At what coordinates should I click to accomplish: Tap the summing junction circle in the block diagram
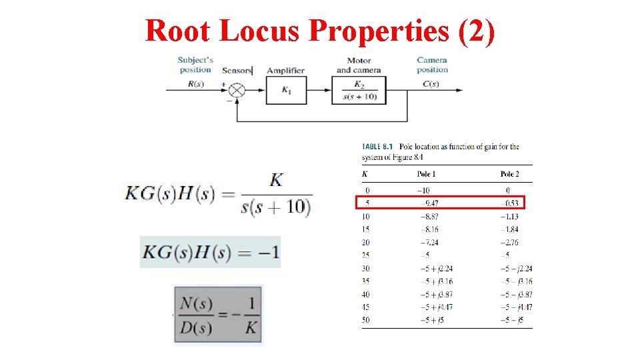(x=237, y=91)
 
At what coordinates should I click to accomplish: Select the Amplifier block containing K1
(x=287, y=91)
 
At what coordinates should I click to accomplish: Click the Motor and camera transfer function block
(x=359, y=91)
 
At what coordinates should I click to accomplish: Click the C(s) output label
(x=431, y=84)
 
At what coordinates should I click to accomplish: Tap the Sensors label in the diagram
(x=237, y=70)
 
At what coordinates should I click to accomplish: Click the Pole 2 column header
(x=509, y=174)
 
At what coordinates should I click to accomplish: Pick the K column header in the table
(x=364, y=174)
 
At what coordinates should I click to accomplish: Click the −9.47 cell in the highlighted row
(x=428, y=203)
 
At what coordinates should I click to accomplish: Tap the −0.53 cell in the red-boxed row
(x=509, y=203)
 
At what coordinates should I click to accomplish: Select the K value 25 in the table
(x=366, y=255)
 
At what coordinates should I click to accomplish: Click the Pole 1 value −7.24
(x=428, y=243)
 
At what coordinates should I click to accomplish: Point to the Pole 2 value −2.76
(x=509, y=243)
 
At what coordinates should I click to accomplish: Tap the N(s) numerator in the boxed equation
(x=196, y=304)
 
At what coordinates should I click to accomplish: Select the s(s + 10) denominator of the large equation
(x=275, y=207)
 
